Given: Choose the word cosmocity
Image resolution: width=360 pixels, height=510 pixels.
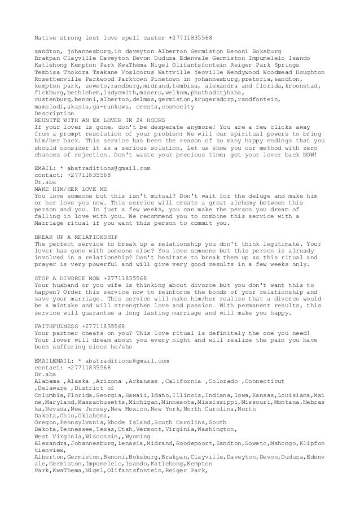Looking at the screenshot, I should [x=181, y=107].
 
